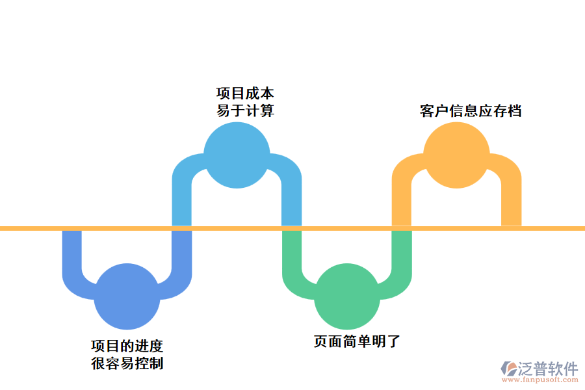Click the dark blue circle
click(127, 296)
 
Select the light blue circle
click(237, 155)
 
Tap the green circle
click(346, 296)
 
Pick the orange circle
click(456, 155)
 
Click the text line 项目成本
click(245, 94)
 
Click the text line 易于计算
click(245, 110)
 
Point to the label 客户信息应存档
click(471, 110)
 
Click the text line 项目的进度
click(127, 346)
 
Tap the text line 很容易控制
click(127, 363)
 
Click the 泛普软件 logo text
click(547, 369)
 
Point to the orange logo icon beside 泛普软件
click(508, 369)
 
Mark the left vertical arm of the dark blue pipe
click(72, 250)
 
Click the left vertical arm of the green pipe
click(292, 250)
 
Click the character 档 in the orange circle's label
click(514, 110)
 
